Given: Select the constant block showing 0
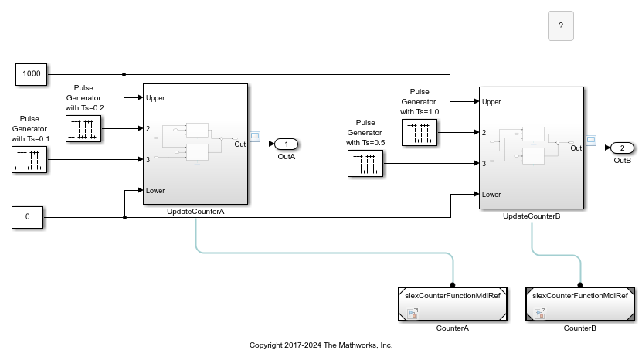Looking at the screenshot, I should point(29,217).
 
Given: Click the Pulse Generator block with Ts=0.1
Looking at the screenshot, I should point(29,160).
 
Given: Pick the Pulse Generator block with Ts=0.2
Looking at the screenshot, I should point(83,128).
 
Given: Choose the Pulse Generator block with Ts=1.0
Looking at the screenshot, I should point(419,133).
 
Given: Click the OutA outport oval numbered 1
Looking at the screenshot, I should point(287,144).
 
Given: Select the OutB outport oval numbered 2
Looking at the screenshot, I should point(622,148).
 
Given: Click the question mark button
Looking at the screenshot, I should point(560,25).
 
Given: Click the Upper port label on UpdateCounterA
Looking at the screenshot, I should point(155,98).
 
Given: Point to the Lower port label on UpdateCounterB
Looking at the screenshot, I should point(491,195).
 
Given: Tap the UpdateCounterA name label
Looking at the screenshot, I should point(195,212).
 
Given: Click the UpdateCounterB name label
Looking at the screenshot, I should point(531,216).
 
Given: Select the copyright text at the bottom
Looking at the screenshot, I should point(321,345).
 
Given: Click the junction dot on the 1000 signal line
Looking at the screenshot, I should point(124,75).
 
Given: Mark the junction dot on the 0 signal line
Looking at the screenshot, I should point(124,217).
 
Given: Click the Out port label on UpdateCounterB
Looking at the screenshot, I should point(575,148).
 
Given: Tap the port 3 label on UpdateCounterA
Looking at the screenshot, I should point(148,160).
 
